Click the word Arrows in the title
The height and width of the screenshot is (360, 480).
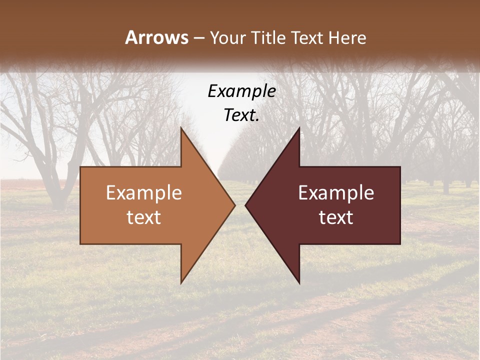pos(156,37)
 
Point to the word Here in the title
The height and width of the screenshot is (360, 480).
pos(348,37)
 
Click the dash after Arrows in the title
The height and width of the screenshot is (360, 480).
pos(198,38)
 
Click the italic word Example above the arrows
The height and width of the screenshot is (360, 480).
pos(241,91)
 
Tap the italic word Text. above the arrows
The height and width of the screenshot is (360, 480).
pos(240,115)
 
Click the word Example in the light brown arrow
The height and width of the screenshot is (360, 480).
pos(144,192)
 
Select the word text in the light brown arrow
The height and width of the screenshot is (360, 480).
pos(144,217)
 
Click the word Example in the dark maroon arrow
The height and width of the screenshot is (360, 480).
pos(336,192)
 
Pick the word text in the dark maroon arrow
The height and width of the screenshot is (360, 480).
pos(336,217)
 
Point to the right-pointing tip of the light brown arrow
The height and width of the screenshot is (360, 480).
pos(235,205)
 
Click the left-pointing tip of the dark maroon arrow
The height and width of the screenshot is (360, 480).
pos(245,205)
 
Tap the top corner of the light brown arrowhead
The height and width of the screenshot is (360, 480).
pos(181,127)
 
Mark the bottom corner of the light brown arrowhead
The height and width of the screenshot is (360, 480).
pos(181,283)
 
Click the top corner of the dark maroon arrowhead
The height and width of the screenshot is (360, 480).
pos(299,127)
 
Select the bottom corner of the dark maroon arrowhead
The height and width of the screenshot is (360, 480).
pos(299,283)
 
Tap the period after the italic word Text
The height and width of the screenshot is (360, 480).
pos(257,121)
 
